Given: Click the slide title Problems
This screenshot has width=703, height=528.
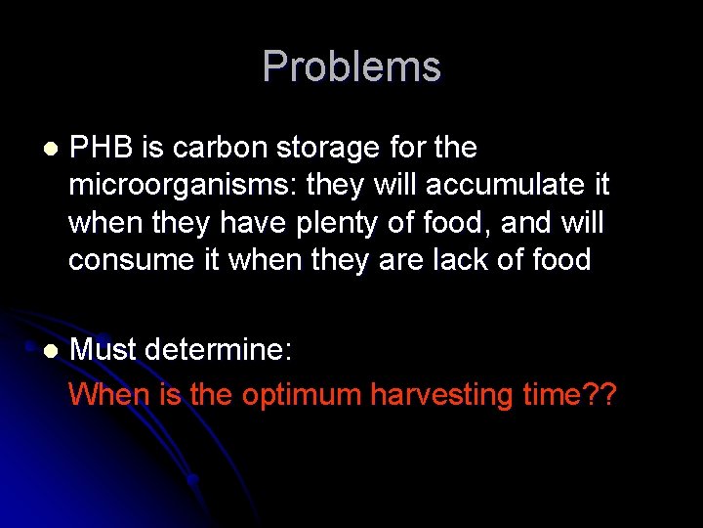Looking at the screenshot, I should pyautogui.click(x=351, y=66).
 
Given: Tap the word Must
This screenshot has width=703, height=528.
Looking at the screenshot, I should pyautogui.click(x=103, y=350).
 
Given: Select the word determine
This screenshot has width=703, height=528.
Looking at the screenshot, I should pyautogui.click(x=225, y=350).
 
